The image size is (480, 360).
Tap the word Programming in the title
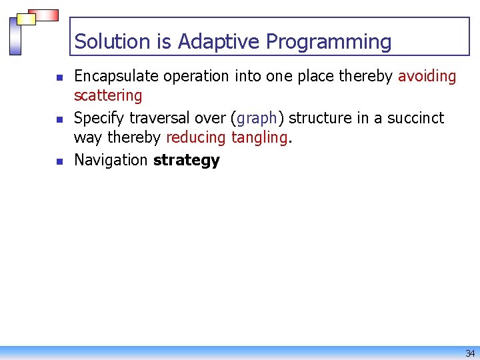point(329,42)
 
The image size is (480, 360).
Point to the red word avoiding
point(427,77)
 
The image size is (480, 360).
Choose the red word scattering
point(108,96)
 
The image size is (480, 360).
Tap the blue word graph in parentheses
point(256,119)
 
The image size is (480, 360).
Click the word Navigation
point(111,160)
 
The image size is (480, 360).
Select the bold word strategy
point(186,161)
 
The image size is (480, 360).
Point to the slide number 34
point(470,353)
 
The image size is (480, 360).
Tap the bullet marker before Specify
point(59,120)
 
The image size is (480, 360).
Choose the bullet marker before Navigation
point(59,162)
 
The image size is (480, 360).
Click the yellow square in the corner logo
point(27,19)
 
